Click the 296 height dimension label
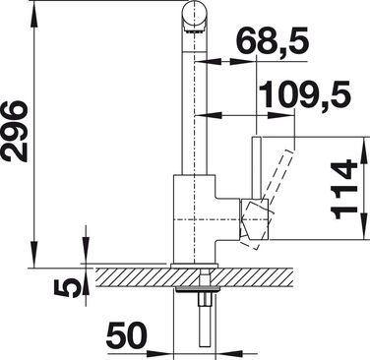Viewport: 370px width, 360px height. (15, 132)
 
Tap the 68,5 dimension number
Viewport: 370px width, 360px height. (273, 40)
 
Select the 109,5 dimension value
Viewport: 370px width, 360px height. (305, 94)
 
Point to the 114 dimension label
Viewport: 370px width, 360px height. (343, 190)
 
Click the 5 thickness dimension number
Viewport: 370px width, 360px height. (67, 288)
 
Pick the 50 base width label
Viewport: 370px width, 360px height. (126, 335)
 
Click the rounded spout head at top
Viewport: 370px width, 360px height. (194, 15)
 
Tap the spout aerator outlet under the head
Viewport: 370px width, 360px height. (195, 30)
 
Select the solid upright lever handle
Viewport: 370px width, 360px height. (257, 166)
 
